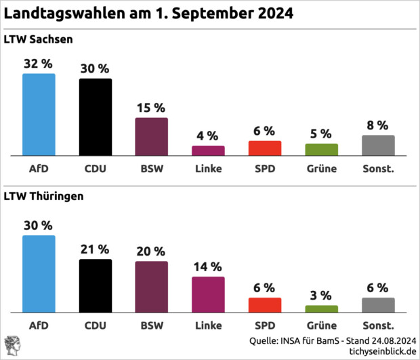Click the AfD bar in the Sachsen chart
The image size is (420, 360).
[x=39, y=115]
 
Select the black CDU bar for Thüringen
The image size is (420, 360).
[x=96, y=285]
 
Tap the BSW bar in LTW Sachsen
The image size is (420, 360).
[x=151, y=137]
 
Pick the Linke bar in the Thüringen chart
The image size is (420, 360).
[x=208, y=294]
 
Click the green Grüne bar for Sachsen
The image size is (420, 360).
[x=321, y=150]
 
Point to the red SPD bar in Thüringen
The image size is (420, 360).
[x=264, y=304]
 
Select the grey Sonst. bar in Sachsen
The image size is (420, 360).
[x=378, y=146]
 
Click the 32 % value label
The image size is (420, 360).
[x=38, y=64]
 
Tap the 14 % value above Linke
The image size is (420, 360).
[x=208, y=266]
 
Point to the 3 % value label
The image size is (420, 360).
[x=321, y=295]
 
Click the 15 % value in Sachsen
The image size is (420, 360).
[x=151, y=108]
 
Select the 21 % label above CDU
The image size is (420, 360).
[x=96, y=249]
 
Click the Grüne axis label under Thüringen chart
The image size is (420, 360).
[x=321, y=325]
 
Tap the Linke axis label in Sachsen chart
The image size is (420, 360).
[x=208, y=169]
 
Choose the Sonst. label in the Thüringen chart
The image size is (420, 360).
[x=378, y=325]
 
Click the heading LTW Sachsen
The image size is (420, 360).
[x=39, y=39]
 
